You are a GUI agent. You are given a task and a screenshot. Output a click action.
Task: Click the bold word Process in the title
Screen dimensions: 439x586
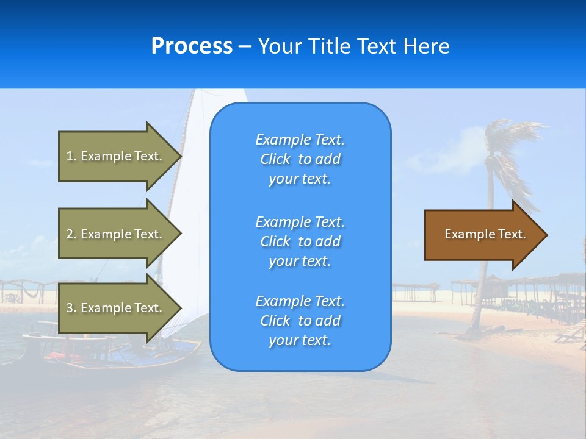(x=192, y=46)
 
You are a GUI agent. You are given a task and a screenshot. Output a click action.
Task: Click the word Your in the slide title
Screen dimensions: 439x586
(x=280, y=46)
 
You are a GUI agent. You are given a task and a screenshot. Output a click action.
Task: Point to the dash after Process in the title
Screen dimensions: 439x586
(x=245, y=47)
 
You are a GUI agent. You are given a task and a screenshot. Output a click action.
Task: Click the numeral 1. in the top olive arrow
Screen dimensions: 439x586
(x=71, y=156)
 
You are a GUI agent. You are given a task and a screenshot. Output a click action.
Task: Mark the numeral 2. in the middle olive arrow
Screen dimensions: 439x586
(x=71, y=234)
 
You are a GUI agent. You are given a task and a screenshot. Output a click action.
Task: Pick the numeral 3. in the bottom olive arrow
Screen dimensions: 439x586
(x=71, y=308)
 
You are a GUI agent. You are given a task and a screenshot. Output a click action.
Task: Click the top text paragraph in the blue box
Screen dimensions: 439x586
(x=300, y=159)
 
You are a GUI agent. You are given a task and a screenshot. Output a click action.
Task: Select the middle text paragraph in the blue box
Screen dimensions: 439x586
(x=300, y=241)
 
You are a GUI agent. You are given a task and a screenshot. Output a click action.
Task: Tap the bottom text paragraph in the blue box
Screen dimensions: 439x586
(x=300, y=321)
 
